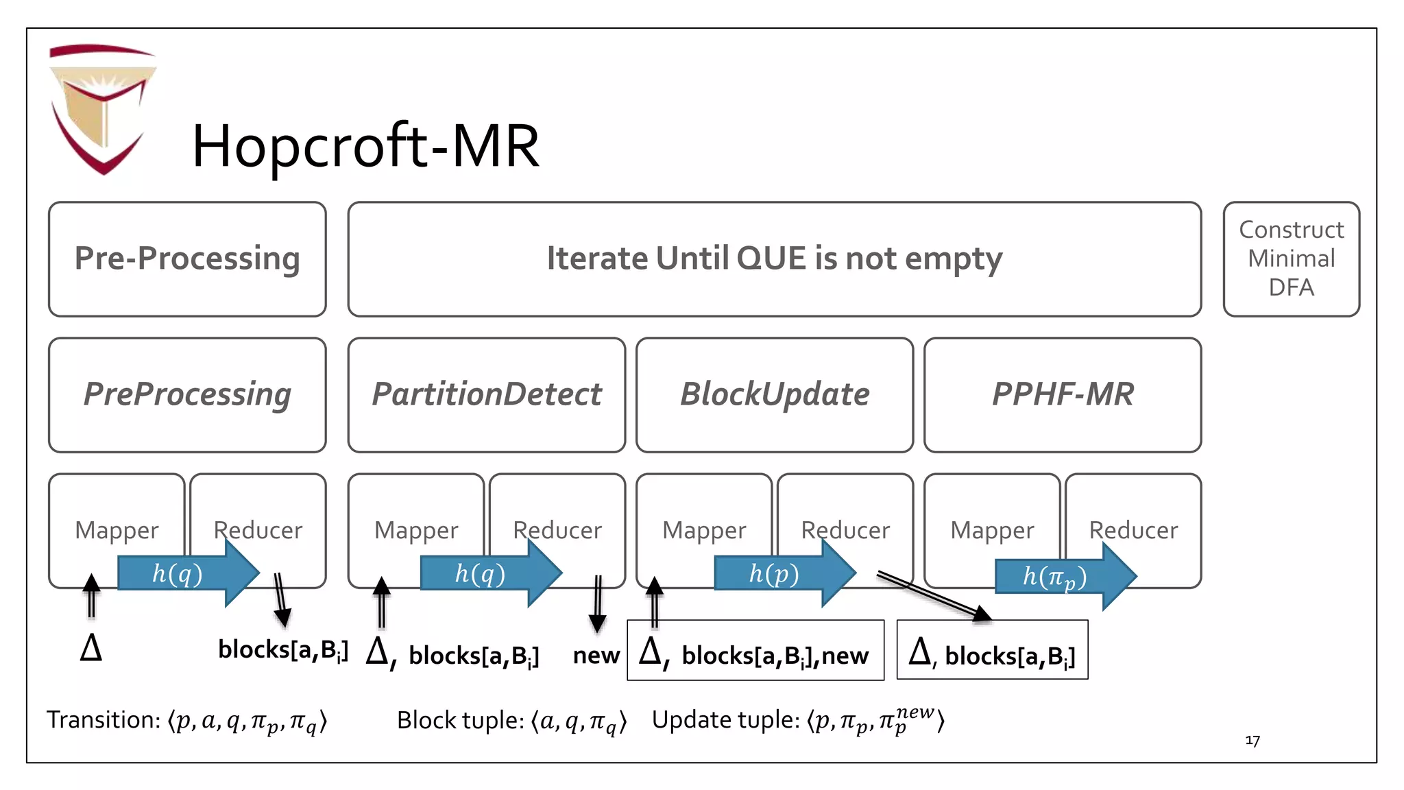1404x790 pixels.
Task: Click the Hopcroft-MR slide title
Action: click(365, 146)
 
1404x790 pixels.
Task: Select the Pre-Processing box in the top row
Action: click(187, 259)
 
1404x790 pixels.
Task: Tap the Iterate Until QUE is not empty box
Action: click(774, 259)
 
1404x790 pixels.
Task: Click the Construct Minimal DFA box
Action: click(1291, 259)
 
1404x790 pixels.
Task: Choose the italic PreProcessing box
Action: click(187, 394)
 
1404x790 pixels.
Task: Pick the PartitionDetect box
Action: click(486, 394)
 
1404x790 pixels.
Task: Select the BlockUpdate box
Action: click(774, 394)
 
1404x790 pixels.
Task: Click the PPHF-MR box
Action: click(1062, 394)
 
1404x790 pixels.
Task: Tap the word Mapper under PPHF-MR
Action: click(992, 530)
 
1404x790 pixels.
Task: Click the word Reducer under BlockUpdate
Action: click(845, 530)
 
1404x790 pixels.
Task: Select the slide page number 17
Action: click(1252, 741)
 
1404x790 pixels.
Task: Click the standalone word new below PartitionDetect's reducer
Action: click(596, 656)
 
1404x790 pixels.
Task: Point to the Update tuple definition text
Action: click(798, 720)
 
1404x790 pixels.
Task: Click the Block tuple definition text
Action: click(511, 721)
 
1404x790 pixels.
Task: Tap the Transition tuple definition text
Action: click(186, 721)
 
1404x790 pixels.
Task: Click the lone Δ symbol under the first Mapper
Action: click(91, 647)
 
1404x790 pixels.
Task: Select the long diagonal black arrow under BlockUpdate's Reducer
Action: click(934, 595)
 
